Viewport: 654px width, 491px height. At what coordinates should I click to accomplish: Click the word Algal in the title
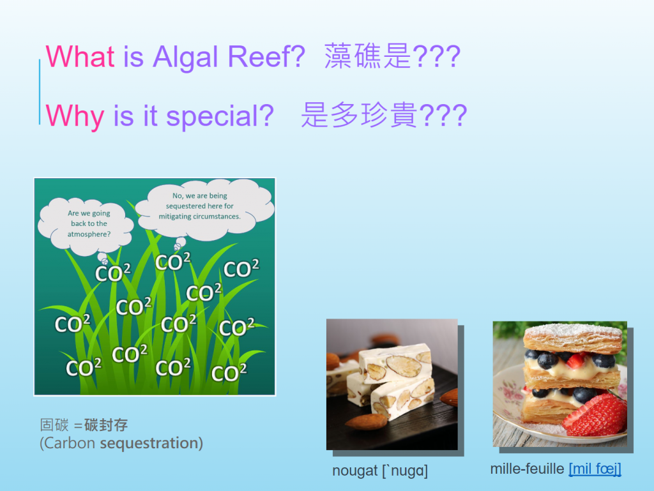click(185, 57)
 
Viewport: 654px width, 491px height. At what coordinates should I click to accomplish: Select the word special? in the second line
click(220, 116)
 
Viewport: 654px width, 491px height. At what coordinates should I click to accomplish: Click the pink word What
click(80, 56)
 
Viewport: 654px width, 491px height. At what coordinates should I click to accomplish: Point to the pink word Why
click(75, 116)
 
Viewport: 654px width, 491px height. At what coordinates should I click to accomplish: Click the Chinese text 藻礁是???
click(393, 56)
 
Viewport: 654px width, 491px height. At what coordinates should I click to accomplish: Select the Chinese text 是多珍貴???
click(384, 115)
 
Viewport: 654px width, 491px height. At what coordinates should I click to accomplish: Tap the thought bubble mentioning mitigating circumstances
click(204, 209)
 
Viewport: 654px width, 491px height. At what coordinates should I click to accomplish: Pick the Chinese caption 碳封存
click(106, 425)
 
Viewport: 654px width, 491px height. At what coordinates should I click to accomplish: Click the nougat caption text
click(380, 471)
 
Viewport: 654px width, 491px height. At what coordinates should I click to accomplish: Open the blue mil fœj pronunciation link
click(595, 469)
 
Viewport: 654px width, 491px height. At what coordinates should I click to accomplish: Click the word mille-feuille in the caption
click(527, 469)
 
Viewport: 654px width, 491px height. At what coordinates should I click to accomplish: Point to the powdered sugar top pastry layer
click(573, 338)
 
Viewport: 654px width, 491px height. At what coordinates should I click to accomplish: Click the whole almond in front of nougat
click(366, 422)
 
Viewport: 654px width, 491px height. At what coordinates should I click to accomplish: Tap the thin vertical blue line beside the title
click(40, 92)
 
